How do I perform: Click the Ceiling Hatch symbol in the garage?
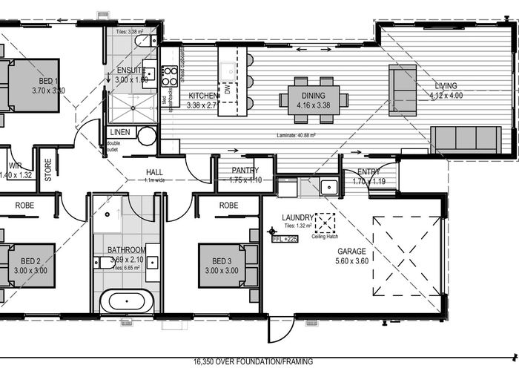[x=325, y=223]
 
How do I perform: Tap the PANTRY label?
[x=244, y=170]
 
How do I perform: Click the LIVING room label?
[x=446, y=85]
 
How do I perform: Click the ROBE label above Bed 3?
[x=228, y=204]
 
